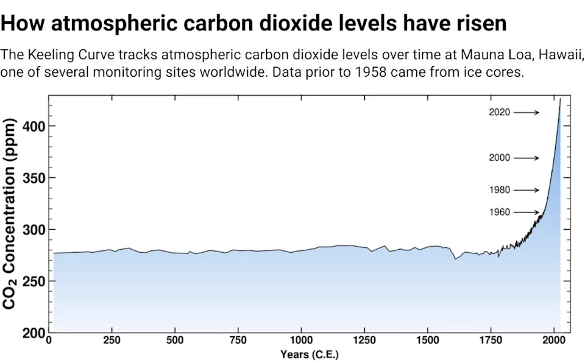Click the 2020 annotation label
coord(499,112)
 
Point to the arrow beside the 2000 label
coord(526,158)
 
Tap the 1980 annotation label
coord(499,190)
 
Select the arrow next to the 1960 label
coord(526,213)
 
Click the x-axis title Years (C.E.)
coord(310,354)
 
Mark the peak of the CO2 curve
coord(560,99)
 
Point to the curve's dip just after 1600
coord(455,259)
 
